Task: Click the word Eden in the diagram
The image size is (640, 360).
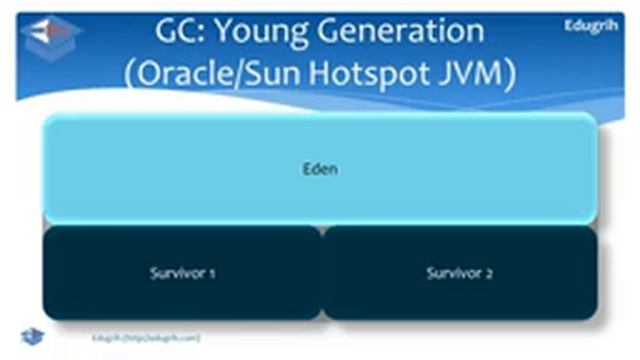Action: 320,169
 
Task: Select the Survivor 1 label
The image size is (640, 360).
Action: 182,273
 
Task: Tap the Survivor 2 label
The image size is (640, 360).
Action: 459,273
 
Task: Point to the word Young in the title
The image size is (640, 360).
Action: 263,32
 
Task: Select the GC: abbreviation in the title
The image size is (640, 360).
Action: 180,32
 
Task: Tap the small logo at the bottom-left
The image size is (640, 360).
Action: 32,336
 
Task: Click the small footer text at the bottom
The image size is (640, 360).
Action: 145,338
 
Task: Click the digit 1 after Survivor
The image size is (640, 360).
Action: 213,273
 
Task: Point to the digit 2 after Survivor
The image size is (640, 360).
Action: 489,273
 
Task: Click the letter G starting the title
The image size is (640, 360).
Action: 167,32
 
